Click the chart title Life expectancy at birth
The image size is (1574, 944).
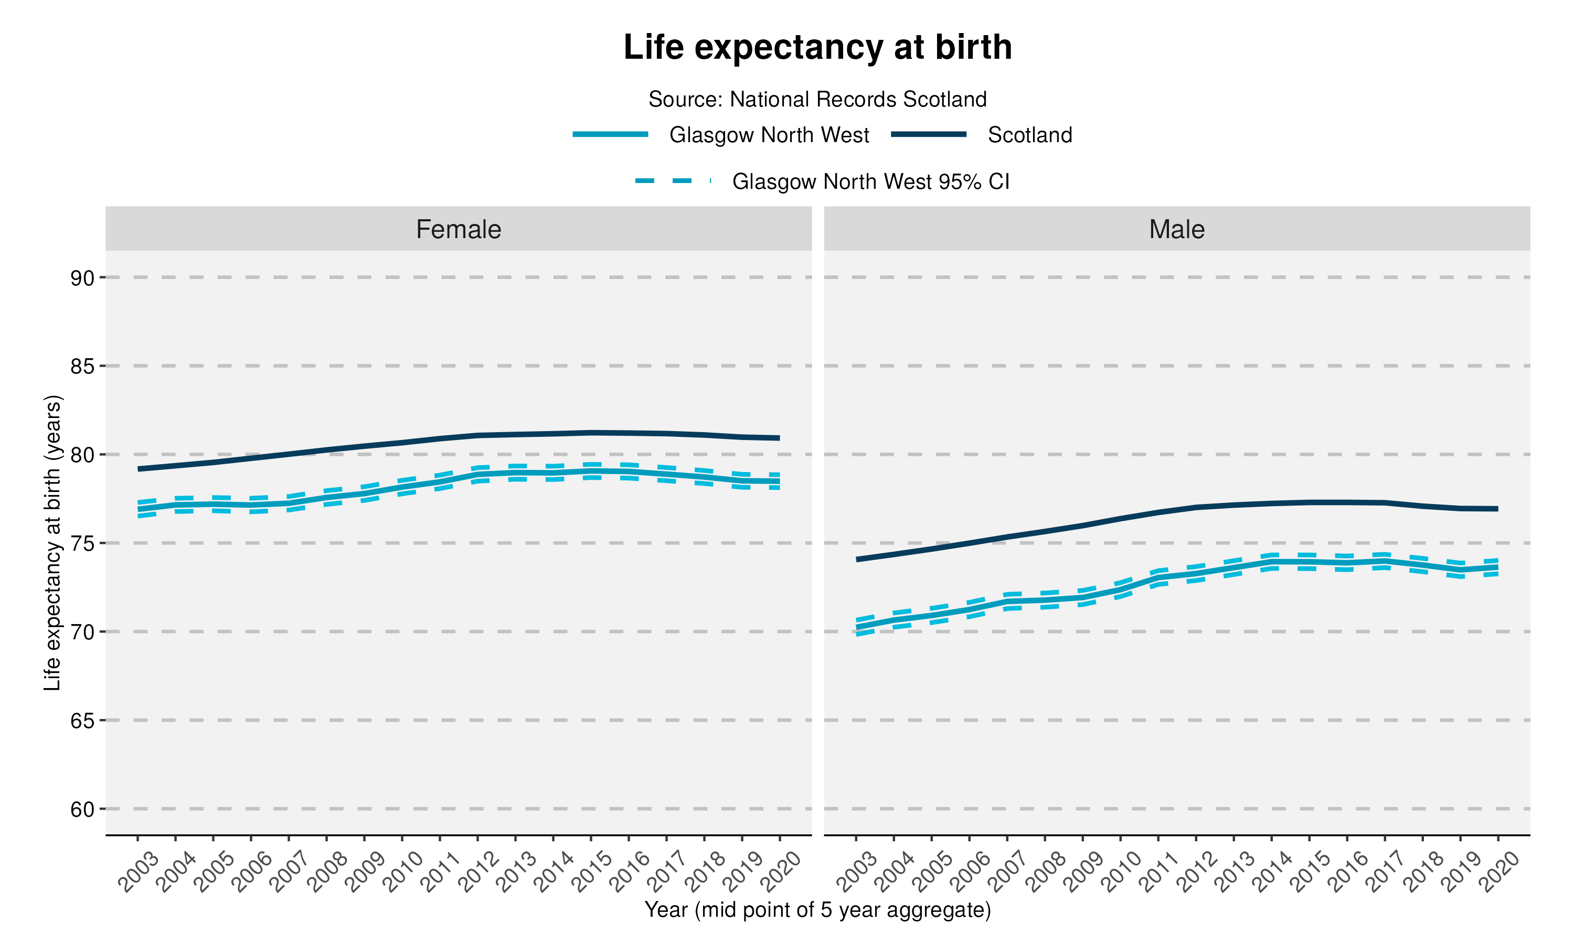point(817,47)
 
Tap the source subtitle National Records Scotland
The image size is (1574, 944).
point(817,99)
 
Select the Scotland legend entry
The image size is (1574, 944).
point(1029,135)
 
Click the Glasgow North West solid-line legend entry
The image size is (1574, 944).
point(768,135)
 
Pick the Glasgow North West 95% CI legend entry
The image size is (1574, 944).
point(870,181)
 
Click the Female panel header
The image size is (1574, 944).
point(458,229)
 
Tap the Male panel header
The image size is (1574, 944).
point(1176,229)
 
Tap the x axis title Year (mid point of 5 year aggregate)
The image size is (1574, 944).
point(817,910)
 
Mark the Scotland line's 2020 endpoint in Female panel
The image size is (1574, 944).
point(779,438)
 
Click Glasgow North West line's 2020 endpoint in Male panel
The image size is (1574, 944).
point(1497,567)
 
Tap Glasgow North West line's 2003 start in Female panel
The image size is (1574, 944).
point(138,509)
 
